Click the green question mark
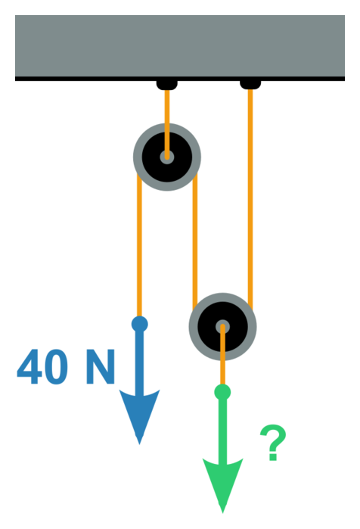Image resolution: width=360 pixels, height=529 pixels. coord(273,442)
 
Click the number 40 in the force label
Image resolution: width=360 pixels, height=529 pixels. coord(42,367)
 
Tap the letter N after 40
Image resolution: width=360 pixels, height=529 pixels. coord(101,367)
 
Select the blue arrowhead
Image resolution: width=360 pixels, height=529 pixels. coord(139,413)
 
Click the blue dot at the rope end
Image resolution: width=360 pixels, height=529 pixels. coord(140,324)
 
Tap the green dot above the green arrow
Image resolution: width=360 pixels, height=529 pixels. coord(222,392)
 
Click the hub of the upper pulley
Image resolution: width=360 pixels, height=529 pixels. coord(167,157)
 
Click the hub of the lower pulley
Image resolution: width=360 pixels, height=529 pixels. coord(222,327)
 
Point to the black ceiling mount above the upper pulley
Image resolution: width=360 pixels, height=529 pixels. coord(167,85)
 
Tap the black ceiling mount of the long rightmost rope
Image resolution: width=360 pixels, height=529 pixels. coord(250,85)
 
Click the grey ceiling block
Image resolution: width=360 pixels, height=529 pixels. coord(180,46)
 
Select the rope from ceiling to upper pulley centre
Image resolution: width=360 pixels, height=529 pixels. coord(167,123)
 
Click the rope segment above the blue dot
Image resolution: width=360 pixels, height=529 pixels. coord(140,244)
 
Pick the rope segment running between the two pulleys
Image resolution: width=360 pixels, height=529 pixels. coord(195,241)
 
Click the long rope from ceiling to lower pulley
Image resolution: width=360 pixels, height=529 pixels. coord(250,199)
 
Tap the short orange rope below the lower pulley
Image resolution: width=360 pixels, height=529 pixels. coord(222,355)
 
